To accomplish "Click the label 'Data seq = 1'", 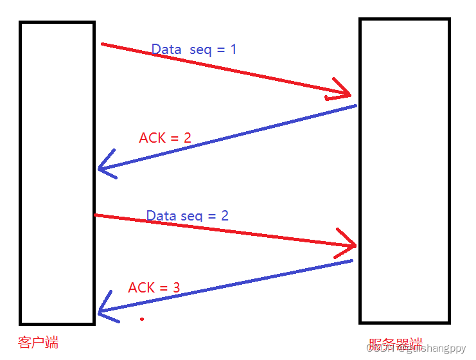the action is point(193,50).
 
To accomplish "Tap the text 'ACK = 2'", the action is point(165,138).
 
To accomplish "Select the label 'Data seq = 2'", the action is point(187,215).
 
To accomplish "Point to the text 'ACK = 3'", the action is point(154,288).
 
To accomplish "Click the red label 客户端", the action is point(39,343).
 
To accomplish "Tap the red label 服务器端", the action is point(396,345).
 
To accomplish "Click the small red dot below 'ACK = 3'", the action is point(142,319).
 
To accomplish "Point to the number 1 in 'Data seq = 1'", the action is point(233,50).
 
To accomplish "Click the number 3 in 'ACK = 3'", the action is point(176,288).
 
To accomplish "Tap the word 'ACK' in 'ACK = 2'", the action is point(151,138).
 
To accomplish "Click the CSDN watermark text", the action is point(416,348).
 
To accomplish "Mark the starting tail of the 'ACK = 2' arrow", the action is point(355,105).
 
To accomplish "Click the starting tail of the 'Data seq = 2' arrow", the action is point(96,215).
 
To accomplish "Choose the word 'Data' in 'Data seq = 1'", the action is point(166,50).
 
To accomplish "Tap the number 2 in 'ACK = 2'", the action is point(187,138).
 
